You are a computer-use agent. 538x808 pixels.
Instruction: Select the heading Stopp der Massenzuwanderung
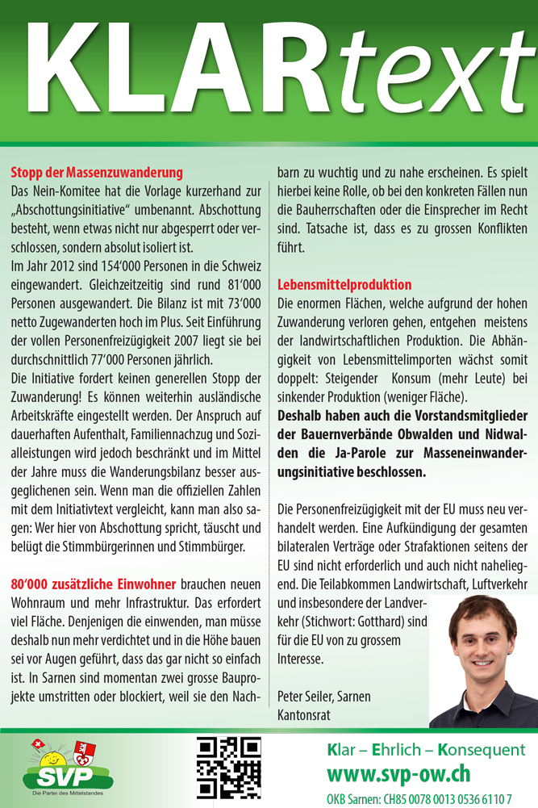pyautogui.click(x=97, y=172)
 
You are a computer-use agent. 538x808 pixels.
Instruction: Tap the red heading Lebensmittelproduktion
pyautogui.click(x=344, y=285)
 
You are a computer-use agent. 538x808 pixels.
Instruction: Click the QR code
pyautogui.click(x=229, y=768)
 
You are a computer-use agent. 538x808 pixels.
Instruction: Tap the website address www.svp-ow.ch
pyautogui.click(x=398, y=774)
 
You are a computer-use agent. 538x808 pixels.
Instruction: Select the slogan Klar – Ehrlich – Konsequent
pyautogui.click(x=426, y=750)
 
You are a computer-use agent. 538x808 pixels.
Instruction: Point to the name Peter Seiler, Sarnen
pyautogui.click(x=323, y=696)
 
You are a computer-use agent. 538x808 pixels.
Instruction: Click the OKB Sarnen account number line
pyautogui.click(x=419, y=798)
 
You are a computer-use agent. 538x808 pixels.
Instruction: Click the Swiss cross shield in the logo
pyautogui.click(x=35, y=745)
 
